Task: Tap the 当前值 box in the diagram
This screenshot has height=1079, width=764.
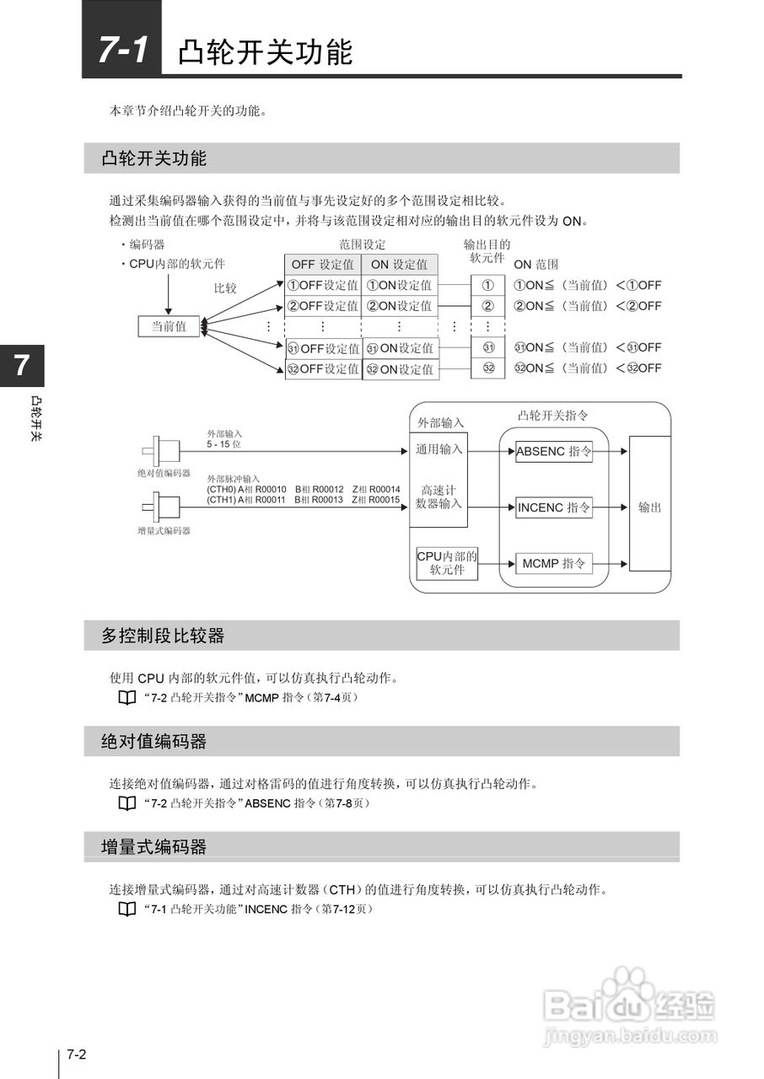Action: click(169, 326)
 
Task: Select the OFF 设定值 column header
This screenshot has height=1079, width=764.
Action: click(323, 264)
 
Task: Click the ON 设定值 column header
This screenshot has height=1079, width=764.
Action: click(400, 264)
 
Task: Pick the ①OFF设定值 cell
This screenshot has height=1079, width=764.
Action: click(323, 285)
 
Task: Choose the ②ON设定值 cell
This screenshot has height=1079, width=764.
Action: click(400, 306)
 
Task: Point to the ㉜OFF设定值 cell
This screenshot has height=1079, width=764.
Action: click(323, 369)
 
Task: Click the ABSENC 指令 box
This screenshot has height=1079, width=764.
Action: click(553, 451)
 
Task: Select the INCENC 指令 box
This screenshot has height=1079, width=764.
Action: click(553, 507)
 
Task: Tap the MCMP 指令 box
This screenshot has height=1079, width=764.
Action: click(553, 563)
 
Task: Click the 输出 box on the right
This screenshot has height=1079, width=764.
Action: click(650, 507)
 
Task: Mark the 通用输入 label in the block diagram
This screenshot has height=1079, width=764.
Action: click(438, 449)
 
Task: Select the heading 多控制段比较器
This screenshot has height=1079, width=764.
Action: click(163, 636)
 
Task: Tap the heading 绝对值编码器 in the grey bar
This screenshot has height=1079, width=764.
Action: click(153, 742)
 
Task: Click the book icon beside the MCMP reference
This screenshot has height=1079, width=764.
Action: click(126, 698)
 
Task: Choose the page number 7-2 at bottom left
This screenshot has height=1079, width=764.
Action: click(78, 1055)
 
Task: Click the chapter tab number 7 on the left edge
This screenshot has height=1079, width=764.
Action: click(21, 366)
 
